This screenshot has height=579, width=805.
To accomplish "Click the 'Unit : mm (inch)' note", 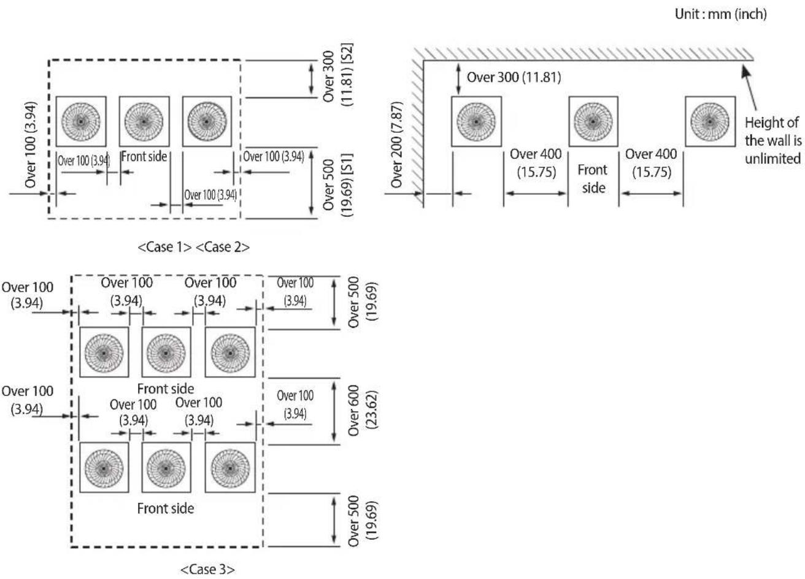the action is pyautogui.click(x=720, y=14).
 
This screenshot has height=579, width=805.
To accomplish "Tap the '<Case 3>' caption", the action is pyautogui.click(x=207, y=569).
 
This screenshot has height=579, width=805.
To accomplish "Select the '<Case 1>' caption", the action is pyautogui.click(x=164, y=247).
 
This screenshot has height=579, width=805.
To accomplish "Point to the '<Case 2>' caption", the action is pyautogui.click(x=223, y=247).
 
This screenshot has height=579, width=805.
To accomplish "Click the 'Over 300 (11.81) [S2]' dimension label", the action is pyautogui.click(x=338, y=74).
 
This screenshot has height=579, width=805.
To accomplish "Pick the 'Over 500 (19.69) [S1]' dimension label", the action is pyautogui.click(x=338, y=185).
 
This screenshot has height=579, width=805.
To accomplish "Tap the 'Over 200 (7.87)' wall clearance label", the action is pyautogui.click(x=396, y=145).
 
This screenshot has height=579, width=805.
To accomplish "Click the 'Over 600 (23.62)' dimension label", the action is pyautogui.click(x=363, y=411).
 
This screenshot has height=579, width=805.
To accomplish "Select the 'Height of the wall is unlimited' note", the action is pyautogui.click(x=773, y=140).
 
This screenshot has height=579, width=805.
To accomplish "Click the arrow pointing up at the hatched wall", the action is pyautogui.click(x=749, y=88).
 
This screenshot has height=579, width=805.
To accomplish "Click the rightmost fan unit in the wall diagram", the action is pyautogui.click(x=710, y=121).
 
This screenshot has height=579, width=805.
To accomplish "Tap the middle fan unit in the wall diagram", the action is pyautogui.click(x=593, y=121).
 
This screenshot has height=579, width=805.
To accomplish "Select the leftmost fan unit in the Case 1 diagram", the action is pyautogui.click(x=81, y=121).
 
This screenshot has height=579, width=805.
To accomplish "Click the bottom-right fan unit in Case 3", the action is pyautogui.click(x=230, y=467).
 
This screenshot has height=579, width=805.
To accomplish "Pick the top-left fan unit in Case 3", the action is pyautogui.click(x=104, y=352).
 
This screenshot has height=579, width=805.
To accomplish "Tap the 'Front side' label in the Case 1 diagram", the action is pyautogui.click(x=144, y=157).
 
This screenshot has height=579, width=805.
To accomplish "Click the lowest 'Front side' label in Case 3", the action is pyautogui.click(x=166, y=509).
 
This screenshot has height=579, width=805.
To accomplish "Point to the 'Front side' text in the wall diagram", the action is pyautogui.click(x=593, y=179).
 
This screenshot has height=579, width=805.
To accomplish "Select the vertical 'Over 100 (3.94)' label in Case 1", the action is pyautogui.click(x=31, y=145).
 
